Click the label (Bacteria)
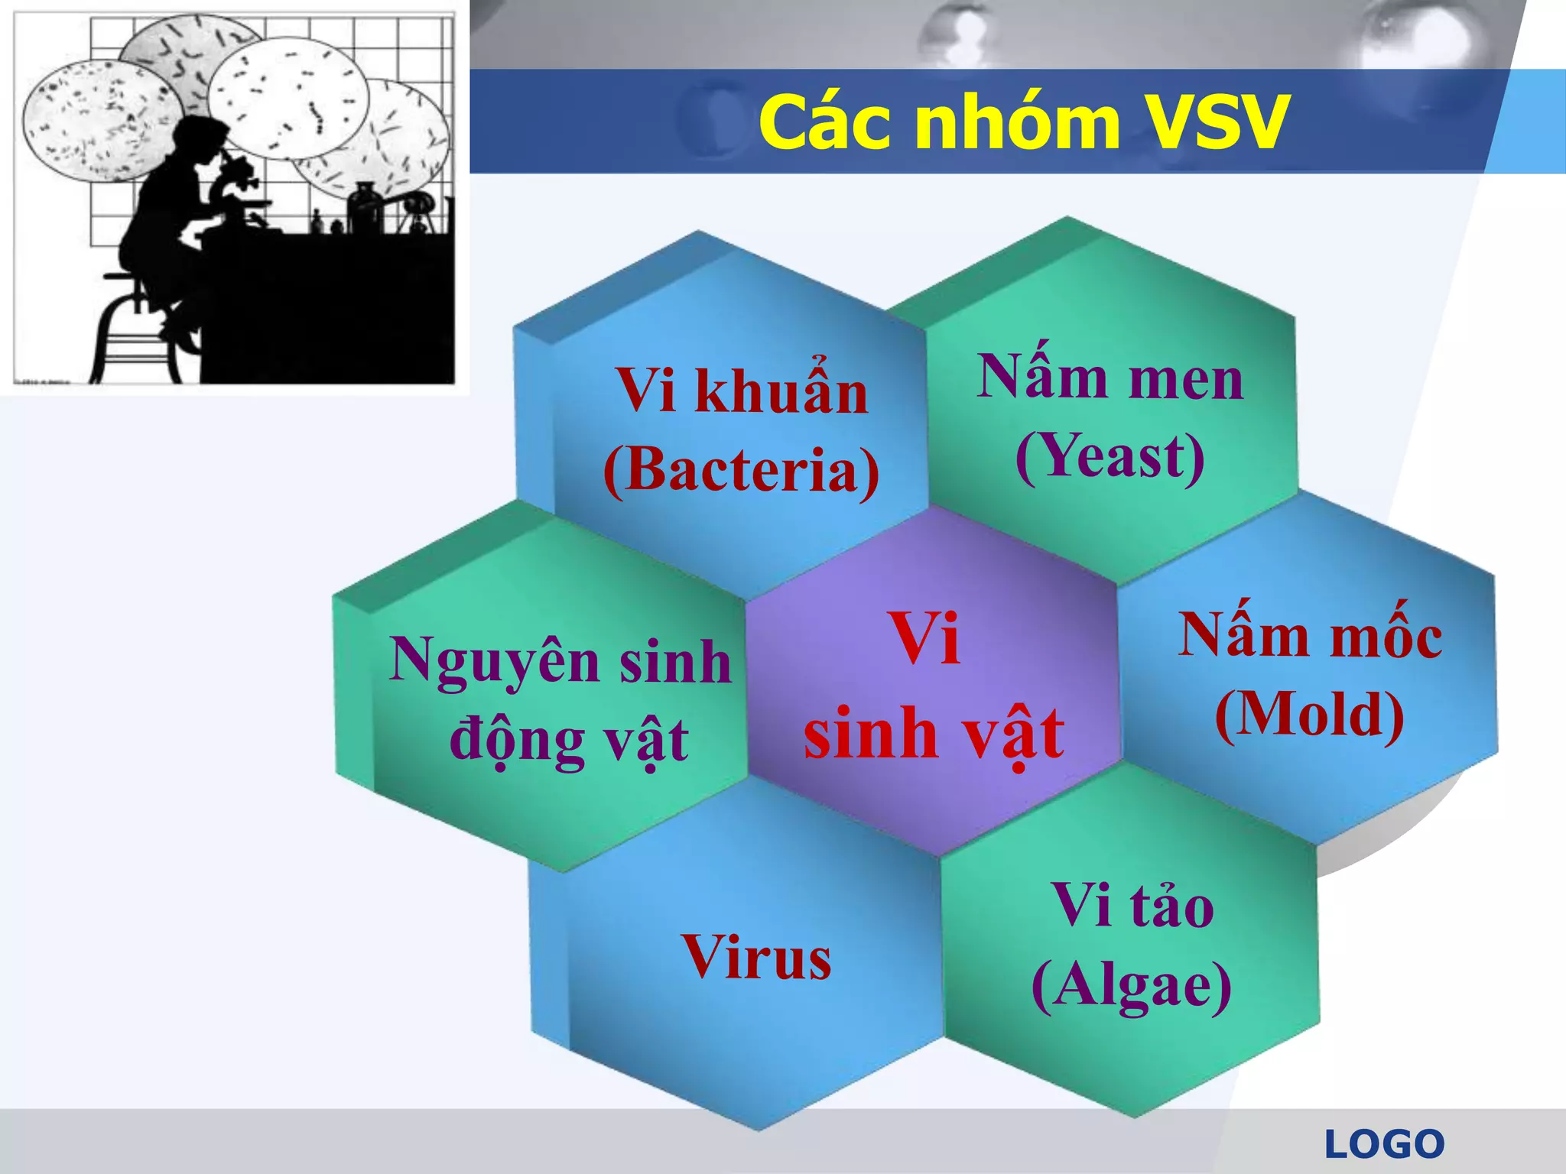coord(741,470)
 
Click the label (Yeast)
coord(1110,456)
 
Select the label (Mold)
coord(1309,715)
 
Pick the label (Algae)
coord(1131,985)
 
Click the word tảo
coord(1171,907)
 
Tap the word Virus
coord(756,957)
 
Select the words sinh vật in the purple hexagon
coord(934,734)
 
